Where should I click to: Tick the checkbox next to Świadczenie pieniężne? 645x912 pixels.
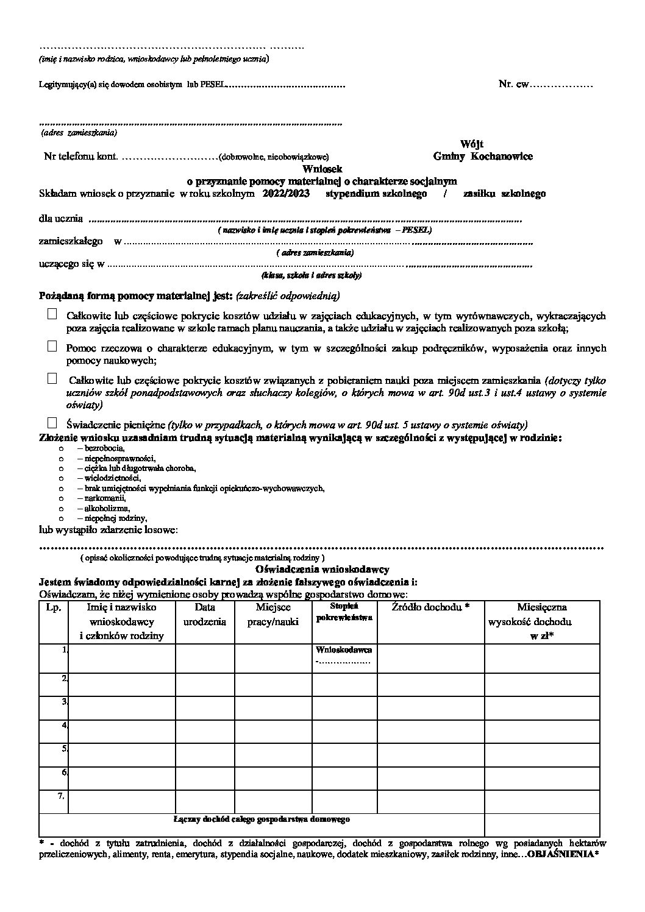(x=52, y=422)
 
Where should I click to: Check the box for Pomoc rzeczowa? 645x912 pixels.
(x=52, y=347)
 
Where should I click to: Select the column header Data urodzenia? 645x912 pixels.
(x=205, y=614)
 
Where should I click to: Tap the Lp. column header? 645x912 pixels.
(x=54, y=607)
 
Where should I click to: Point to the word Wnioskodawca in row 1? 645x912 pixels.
(x=344, y=649)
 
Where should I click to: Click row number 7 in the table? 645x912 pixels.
(x=62, y=795)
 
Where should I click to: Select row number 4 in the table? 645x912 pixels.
(x=63, y=725)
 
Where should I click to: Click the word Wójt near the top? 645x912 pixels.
(x=472, y=144)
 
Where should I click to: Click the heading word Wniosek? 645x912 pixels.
(x=322, y=169)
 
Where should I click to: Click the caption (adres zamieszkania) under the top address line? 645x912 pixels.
(x=79, y=132)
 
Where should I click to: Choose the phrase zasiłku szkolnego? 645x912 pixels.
(x=504, y=194)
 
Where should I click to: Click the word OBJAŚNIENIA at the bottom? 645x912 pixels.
(x=561, y=855)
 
